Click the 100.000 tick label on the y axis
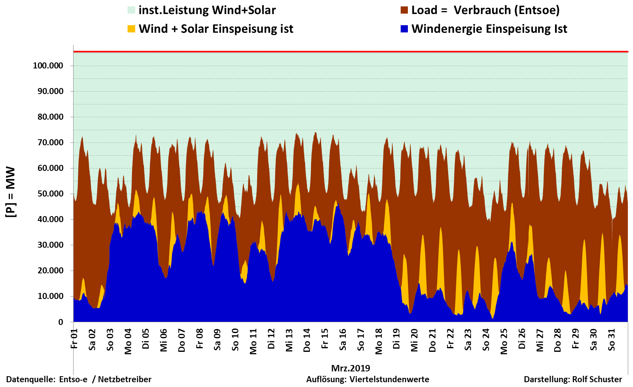(x=48, y=66)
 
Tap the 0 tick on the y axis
(x=61, y=322)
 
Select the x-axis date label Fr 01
(x=74, y=339)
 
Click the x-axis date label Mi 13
(x=289, y=340)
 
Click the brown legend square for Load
(x=404, y=10)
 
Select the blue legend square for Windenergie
(x=404, y=29)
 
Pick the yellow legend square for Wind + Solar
(x=131, y=29)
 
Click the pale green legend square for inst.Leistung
(x=131, y=10)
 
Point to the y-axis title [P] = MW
(x=11, y=192)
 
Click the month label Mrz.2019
(x=351, y=368)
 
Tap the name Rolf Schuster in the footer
(x=597, y=379)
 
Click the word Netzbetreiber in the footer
(x=125, y=379)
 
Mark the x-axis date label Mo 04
(x=128, y=341)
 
